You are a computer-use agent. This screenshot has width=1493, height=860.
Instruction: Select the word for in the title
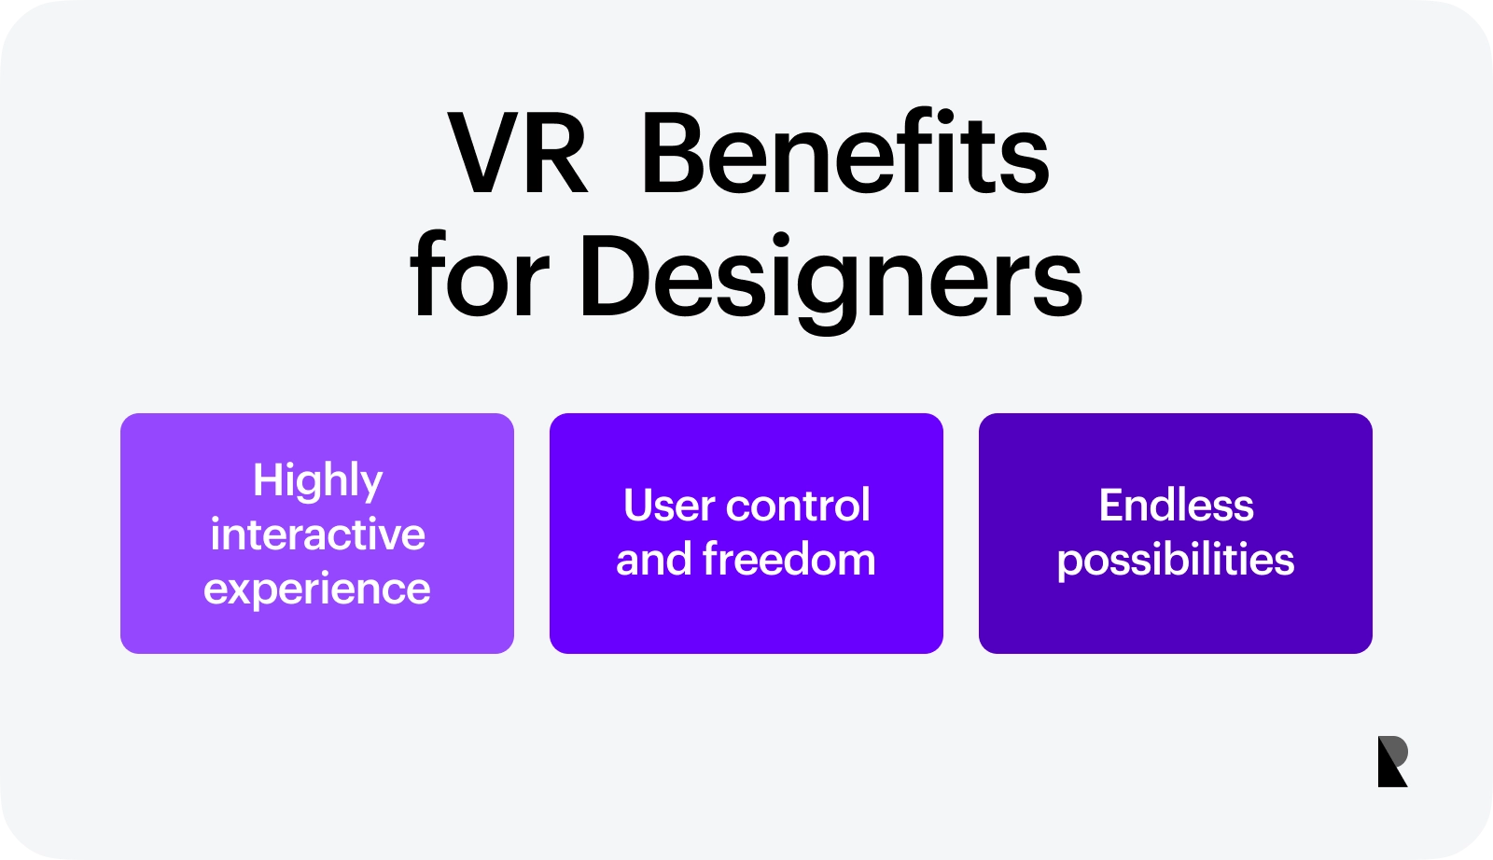click(480, 274)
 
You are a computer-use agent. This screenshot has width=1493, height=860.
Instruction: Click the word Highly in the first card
click(317, 480)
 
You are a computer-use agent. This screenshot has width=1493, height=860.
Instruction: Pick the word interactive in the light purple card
click(317, 534)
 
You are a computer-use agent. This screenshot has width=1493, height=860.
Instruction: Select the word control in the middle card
click(798, 505)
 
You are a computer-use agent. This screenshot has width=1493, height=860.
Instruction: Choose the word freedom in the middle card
click(788, 558)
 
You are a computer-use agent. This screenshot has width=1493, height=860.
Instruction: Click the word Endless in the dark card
click(1177, 505)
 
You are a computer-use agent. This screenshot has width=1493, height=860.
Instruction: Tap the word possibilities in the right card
click(1176, 561)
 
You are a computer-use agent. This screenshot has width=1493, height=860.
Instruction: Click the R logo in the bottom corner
click(1393, 761)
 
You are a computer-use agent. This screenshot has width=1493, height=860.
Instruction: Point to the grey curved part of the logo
click(1396, 750)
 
